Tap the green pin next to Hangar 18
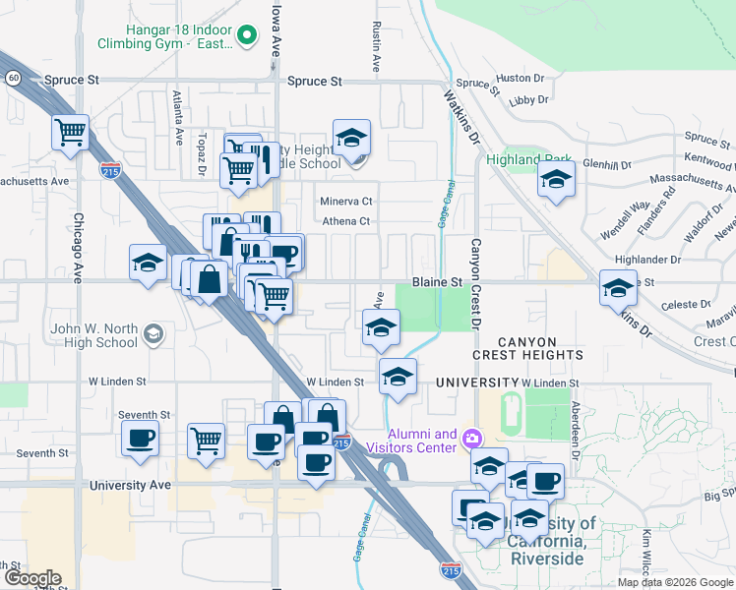click(x=249, y=37)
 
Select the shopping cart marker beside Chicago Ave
click(x=70, y=132)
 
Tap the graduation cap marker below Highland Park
click(x=556, y=181)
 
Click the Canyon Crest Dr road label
click(x=476, y=284)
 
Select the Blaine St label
click(x=437, y=281)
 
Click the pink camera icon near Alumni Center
click(x=472, y=438)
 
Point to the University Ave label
click(x=130, y=485)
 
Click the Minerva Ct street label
click(x=346, y=202)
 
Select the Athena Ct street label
click(x=346, y=221)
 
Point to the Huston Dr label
click(x=513, y=78)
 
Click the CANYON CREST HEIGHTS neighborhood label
click(x=527, y=348)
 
